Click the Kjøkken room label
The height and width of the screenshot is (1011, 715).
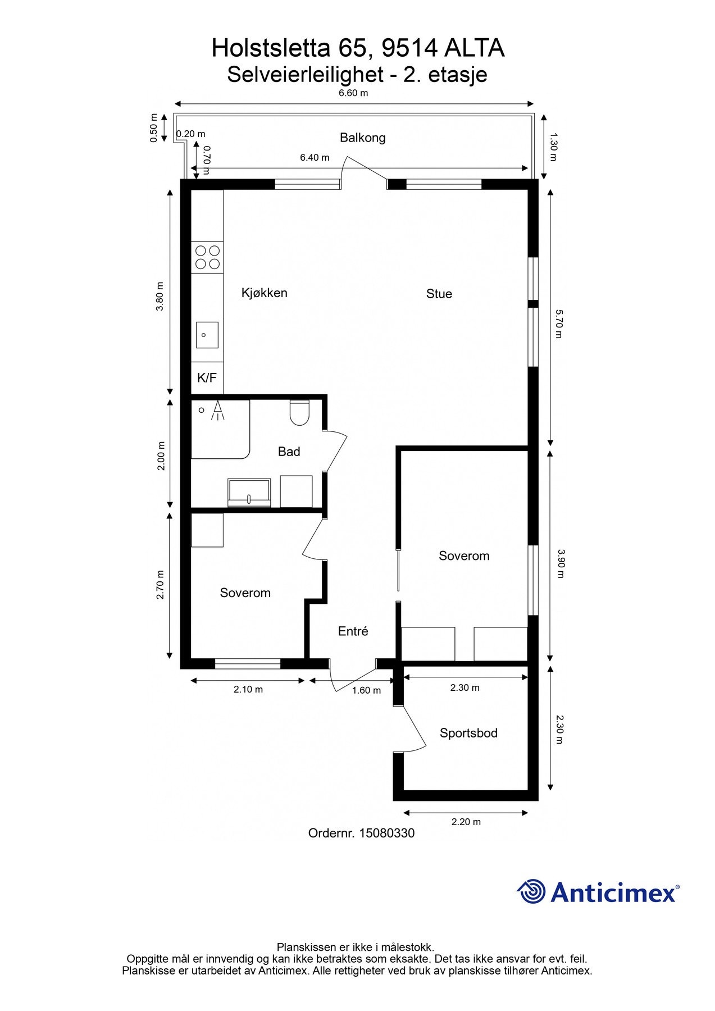click(x=264, y=293)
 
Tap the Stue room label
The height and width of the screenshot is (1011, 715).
click(x=439, y=294)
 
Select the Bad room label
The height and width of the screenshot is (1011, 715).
click(x=289, y=452)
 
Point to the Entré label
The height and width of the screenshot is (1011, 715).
click(x=353, y=631)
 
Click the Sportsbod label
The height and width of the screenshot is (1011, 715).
click(x=468, y=733)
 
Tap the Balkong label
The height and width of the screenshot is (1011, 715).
click(x=362, y=138)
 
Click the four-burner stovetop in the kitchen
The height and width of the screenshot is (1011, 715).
click(x=207, y=257)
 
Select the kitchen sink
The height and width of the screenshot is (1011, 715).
click(x=207, y=335)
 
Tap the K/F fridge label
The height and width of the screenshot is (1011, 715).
click(x=207, y=378)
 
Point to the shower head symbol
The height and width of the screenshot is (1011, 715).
click(x=217, y=411)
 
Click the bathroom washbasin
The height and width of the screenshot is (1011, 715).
click(x=249, y=493)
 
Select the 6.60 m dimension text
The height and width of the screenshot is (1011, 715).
click(x=353, y=93)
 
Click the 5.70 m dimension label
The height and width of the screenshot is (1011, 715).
click(x=558, y=324)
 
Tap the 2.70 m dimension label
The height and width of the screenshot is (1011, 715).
click(x=161, y=585)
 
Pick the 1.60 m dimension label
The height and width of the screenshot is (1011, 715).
click(x=366, y=690)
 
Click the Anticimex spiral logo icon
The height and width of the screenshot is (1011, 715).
click(x=531, y=892)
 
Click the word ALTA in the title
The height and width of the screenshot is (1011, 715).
click(x=475, y=49)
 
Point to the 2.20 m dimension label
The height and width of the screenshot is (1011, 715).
click(x=466, y=822)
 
